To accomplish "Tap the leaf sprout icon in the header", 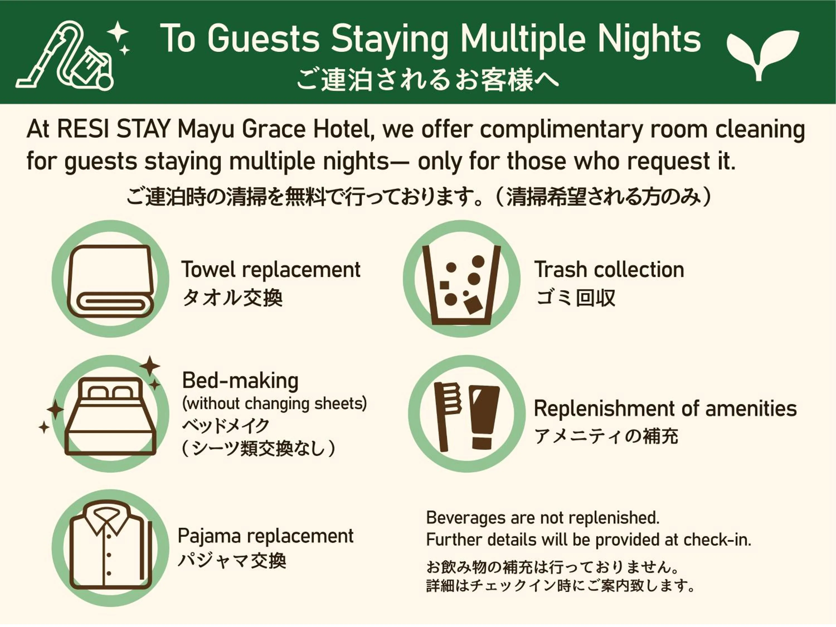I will [x=762, y=53].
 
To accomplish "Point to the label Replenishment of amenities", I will [x=665, y=409].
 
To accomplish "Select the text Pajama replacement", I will [x=265, y=536].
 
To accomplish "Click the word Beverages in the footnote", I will [x=466, y=518].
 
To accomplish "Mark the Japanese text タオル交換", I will [x=232, y=298].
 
